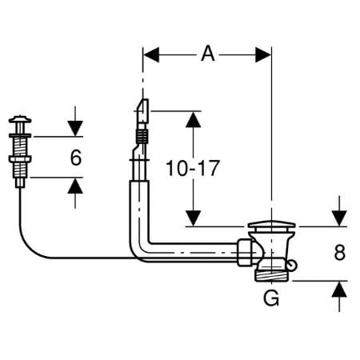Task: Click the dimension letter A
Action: (208, 54)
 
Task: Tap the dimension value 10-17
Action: (193, 168)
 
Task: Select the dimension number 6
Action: (76, 158)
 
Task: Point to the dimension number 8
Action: (339, 252)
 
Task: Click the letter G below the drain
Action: (271, 298)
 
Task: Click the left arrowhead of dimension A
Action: (151, 55)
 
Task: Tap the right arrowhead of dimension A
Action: (263, 55)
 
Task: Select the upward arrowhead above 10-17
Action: (194, 119)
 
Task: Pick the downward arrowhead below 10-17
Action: (194, 218)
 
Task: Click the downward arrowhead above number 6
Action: (75, 129)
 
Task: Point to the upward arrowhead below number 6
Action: (75, 186)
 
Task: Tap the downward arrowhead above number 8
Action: (339, 218)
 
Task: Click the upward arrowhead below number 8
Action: (339, 289)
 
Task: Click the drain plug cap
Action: (271, 224)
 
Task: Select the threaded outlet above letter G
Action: (271, 275)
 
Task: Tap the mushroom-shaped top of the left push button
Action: (20, 119)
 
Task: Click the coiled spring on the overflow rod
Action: (142, 136)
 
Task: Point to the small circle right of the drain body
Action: (292, 265)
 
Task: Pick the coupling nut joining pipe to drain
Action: (245, 252)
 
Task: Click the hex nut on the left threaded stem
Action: (20, 159)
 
